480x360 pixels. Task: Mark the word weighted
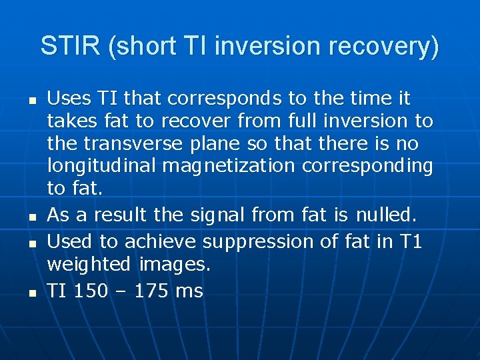(x=89, y=265)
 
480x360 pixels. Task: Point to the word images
(x=175, y=265)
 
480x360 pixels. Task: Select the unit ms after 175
(x=189, y=290)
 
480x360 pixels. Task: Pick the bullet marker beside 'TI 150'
(x=23, y=291)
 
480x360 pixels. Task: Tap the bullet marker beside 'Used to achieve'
(x=23, y=242)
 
